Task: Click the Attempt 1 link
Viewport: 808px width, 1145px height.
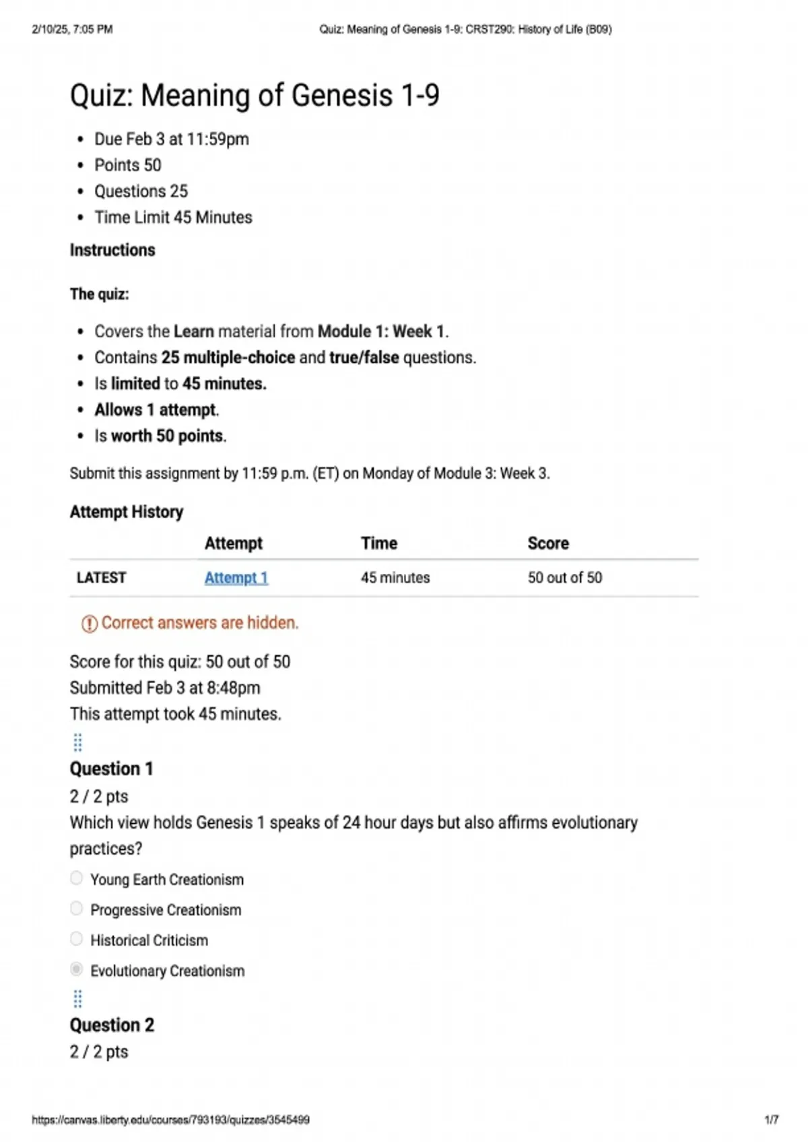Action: pyautogui.click(x=236, y=578)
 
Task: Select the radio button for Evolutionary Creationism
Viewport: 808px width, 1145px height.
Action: pyautogui.click(x=77, y=969)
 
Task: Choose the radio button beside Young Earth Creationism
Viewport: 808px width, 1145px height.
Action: pyautogui.click(x=77, y=878)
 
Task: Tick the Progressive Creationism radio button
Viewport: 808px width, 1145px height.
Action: pyautogui.click(x=77, y=909)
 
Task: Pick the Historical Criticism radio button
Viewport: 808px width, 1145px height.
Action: pyautogui.click(x=77, y=939)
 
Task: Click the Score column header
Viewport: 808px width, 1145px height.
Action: pyautogui.click(x=548, y=544)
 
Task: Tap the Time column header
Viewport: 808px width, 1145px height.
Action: pyautogui.click(x=379, y=544)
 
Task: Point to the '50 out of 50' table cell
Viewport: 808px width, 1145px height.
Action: pyautogui.click(x=565, y=578)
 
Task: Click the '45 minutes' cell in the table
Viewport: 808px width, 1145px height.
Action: pyautogui.click(x=395, y=578)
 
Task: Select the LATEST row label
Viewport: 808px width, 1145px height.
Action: pyautogui.click(x=101, y=578)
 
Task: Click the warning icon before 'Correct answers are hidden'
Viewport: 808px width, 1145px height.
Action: pyautogui.click(x=89, y=624)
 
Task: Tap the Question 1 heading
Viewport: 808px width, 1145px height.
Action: pyautogui.click(x=112, y=768)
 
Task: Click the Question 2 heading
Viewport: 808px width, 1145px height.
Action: pyautogui.click(x=112, y=1025)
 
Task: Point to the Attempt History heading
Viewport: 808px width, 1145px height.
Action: pyautogui.click(x=127, y=512)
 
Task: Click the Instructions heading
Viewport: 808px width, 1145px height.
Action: pyautogui.click(x=112, y=250)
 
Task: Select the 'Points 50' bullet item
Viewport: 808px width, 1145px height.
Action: pyautogui.click(x=128, y=165)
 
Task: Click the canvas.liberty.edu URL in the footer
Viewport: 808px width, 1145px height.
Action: pyautogui.click(x=170, y=1120)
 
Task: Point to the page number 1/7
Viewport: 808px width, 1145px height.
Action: pyautogui.click(x=771, y=1120)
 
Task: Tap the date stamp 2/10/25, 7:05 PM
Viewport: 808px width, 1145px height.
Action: pyautogui.click(x=72, y=30)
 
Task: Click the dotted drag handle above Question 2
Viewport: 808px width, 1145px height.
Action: pyautogui.click(x=77, y=999)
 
